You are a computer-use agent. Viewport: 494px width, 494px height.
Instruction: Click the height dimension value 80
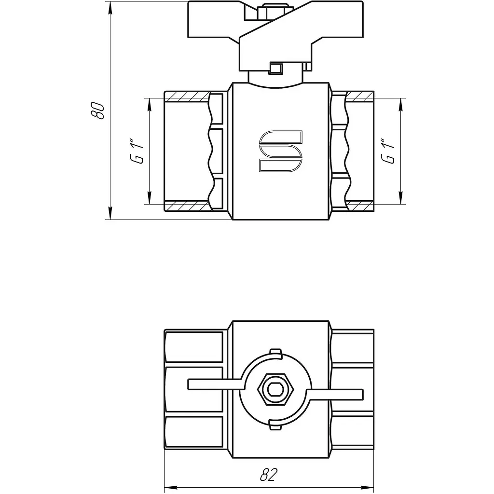click(97, 110)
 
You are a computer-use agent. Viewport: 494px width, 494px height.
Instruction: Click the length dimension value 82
click(269, 475)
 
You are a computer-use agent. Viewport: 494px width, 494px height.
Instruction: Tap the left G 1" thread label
click(137, 151)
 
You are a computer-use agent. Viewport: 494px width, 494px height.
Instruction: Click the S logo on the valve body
click(280, 151)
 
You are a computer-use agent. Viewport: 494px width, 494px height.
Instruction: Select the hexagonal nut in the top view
click(275, 390)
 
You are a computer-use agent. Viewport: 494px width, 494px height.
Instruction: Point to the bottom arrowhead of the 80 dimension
click(110, 213)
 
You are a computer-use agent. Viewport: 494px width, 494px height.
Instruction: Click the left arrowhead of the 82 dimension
click(171, 488)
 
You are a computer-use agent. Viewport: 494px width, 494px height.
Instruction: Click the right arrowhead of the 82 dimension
click(368, 488)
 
